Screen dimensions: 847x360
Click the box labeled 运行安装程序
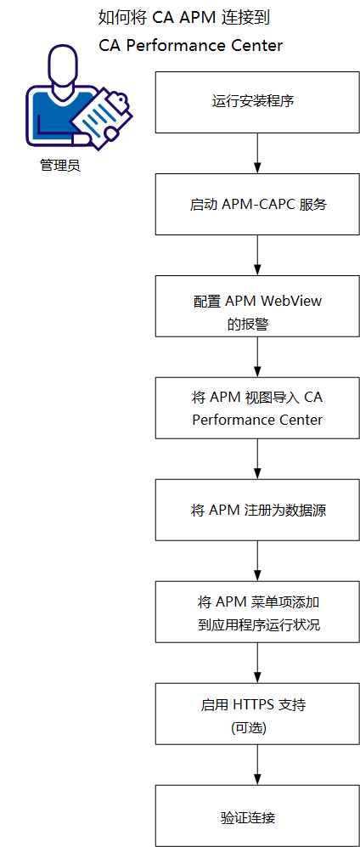(256, 102)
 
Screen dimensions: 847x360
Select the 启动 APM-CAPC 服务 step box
(256, 205)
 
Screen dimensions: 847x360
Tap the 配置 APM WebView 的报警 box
(256, 307)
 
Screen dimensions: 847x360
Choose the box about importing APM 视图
(256, 409)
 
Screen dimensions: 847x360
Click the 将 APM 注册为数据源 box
(256, 511)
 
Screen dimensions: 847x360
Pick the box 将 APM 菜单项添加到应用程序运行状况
(256, 613)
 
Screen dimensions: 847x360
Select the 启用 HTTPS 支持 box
(256, 714)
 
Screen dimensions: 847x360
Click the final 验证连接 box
(256, 816)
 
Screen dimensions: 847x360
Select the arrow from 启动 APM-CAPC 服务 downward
(256, 255)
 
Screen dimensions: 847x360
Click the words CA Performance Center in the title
(190, 45)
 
